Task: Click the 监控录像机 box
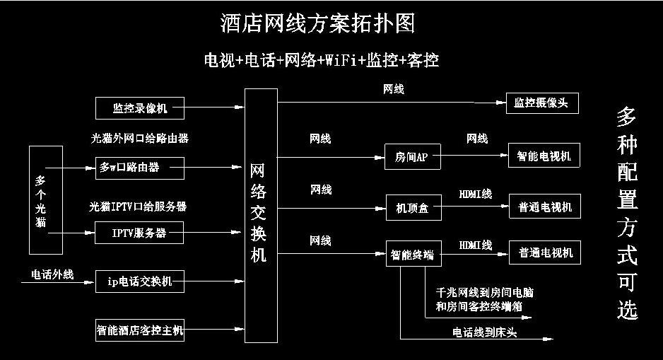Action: tap(139, 108)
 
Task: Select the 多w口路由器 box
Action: tap(139, 168)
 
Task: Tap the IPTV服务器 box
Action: tap(139, 232)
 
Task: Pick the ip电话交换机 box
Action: tap(139, 281)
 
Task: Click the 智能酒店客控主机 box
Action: tap(139, 330)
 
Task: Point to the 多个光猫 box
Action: tap(45, 199)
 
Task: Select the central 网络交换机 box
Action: tap(259, 216)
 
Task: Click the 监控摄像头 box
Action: tap(542, 103)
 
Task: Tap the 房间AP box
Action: tap(412, 157)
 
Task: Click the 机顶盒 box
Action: tap(412, 208)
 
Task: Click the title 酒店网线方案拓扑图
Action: tap(317, 23)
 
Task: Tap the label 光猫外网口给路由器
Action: tap(140, 139)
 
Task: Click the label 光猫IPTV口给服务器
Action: tap(138, 207)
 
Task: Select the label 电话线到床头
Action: tap(484, 332)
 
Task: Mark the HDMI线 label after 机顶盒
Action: tap(476, 193)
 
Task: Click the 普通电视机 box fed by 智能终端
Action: tap(545, 252)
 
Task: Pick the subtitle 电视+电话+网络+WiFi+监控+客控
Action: tap(320, 60)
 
